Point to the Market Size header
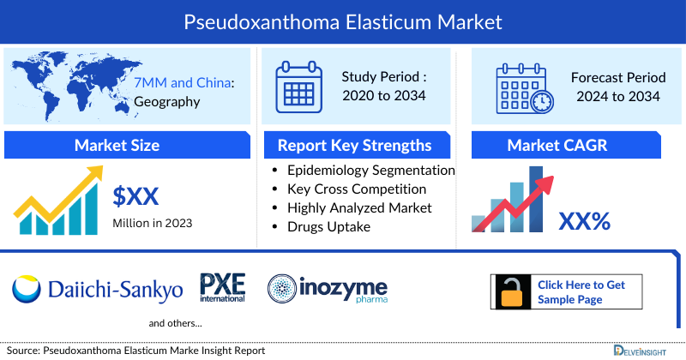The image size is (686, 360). [x=117, y=145]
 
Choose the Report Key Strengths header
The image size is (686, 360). [x=354, y=145]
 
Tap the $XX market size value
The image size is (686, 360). [x=136, y=197]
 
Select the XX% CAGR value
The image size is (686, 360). [x=584, y=221]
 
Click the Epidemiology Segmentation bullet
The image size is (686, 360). [x=370, y=170]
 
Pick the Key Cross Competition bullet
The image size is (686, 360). [x=356, y=189]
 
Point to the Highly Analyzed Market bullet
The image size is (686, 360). [x=359, y=207]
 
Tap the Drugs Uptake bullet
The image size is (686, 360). [x=328, y=226]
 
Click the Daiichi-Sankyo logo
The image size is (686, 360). [x=97, y=289]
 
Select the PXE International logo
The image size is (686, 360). [x=222, y=287]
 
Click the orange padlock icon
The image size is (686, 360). [x=513, y=292]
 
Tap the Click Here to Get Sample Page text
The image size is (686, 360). [x=581, y=292]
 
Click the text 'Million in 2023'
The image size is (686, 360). [x=153, y=223]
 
